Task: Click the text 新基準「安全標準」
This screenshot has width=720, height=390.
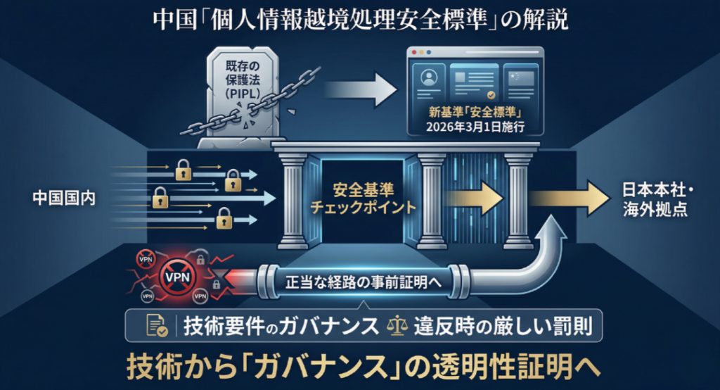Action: (477, 113)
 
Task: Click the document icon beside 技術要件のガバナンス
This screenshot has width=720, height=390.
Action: (157, 325)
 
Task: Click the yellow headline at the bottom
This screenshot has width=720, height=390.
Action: (360, 366)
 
